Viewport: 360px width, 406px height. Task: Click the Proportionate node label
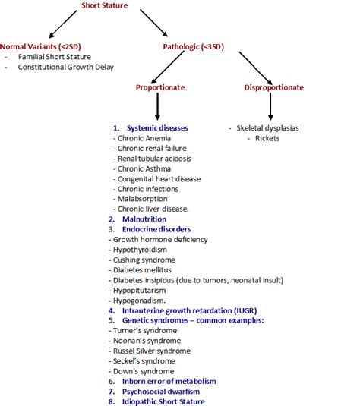click(x=160, y=87)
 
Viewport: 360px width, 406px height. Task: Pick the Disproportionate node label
click(x=274, y=87)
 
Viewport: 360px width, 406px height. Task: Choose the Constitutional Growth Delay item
click(x=67, y=67)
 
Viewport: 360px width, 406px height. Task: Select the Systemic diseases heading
click(x=157, y=128)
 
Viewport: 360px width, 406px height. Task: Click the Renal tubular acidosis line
click(x=154, y=159)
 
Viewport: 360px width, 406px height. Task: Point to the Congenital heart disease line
click(x=159, y=179)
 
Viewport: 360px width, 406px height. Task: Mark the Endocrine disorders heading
click(x=156, y=229)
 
